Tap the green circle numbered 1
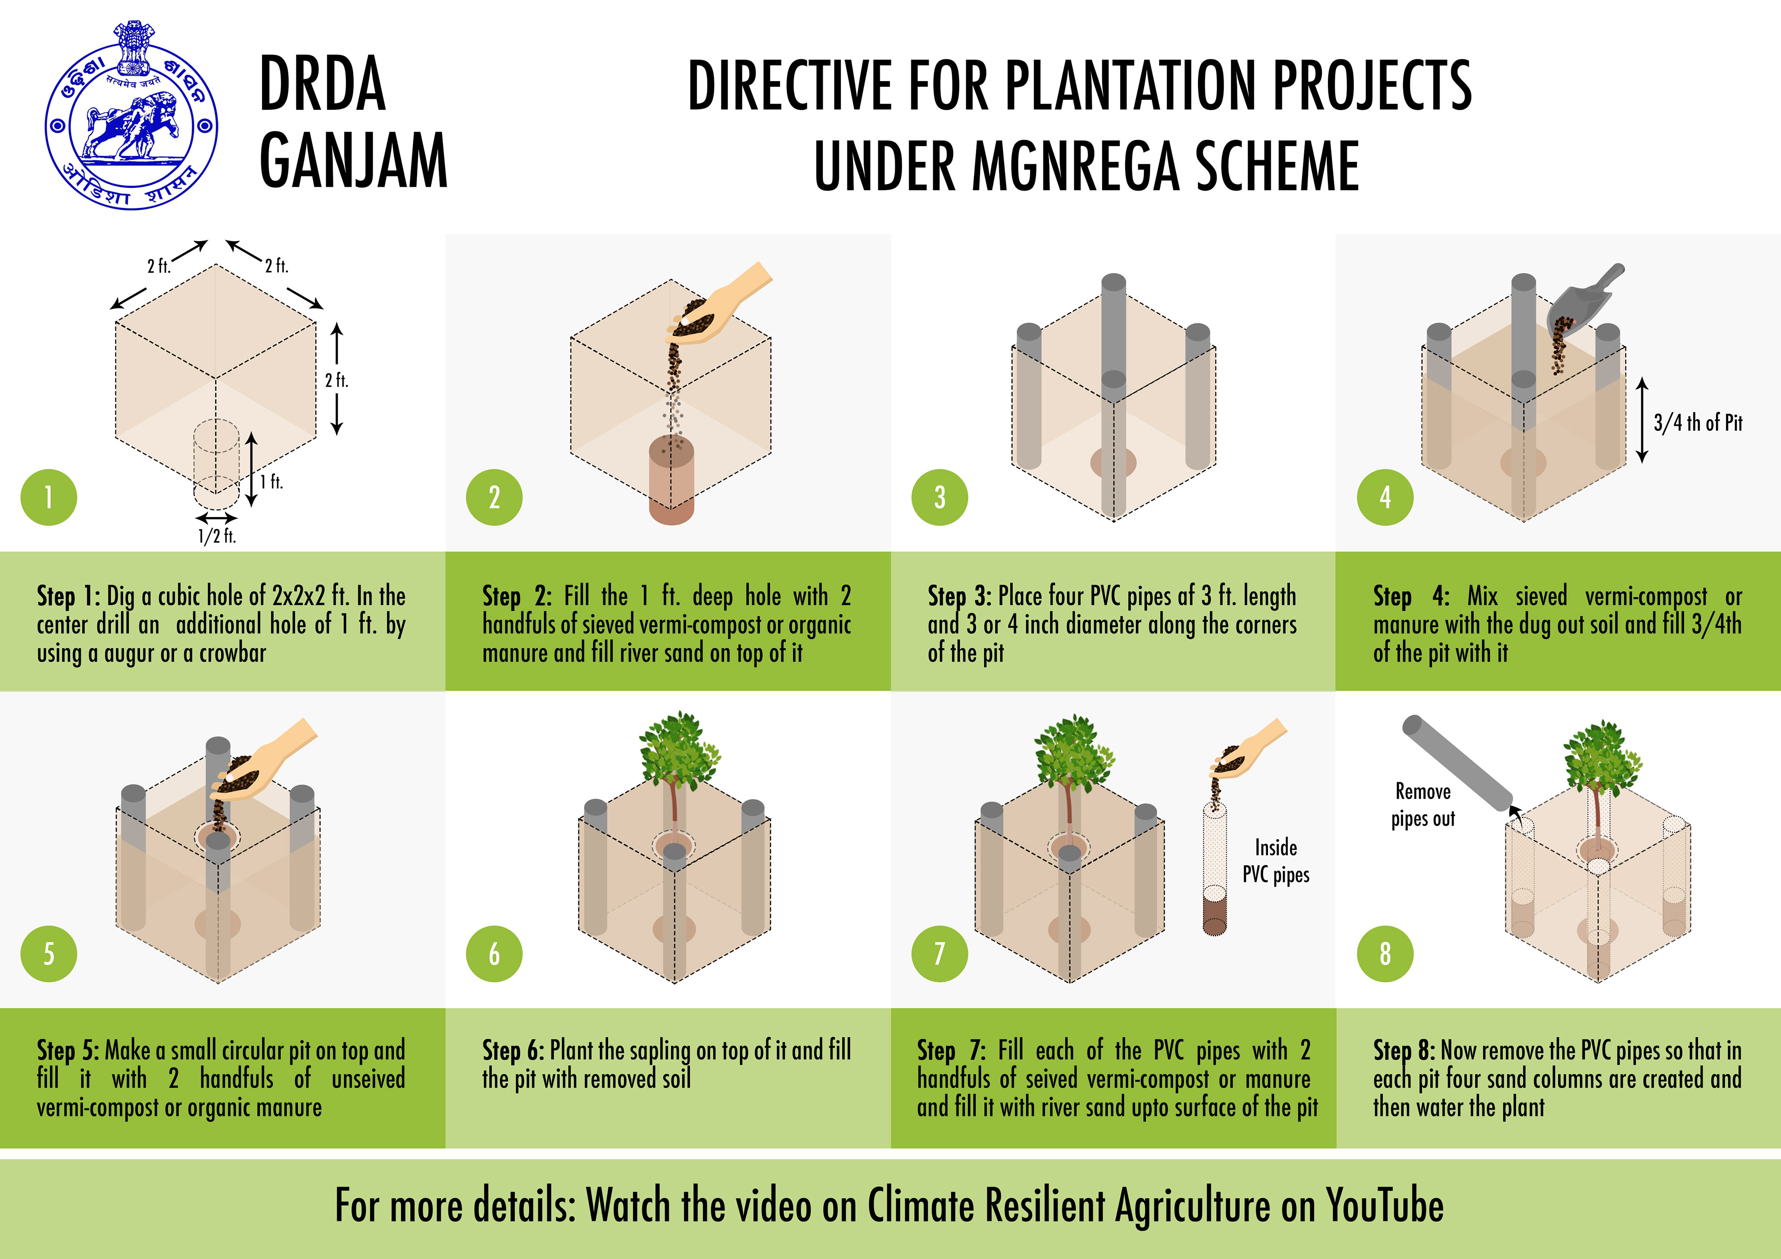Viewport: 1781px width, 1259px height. (48, 497)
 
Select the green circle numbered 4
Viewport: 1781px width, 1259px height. (1384, 497)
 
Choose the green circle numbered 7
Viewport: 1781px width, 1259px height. (939, 953)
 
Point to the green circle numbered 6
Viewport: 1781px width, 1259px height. (494, 953)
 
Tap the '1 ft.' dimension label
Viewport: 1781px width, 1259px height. (271, 482)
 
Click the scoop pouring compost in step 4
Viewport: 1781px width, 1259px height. (1582, 299)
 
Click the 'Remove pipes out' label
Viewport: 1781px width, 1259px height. (1422, 805)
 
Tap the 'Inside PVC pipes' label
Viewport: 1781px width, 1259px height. (1276, 861)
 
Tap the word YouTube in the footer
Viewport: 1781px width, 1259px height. (1384, 1206)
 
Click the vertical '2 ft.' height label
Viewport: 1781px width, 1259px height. (337, 380)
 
